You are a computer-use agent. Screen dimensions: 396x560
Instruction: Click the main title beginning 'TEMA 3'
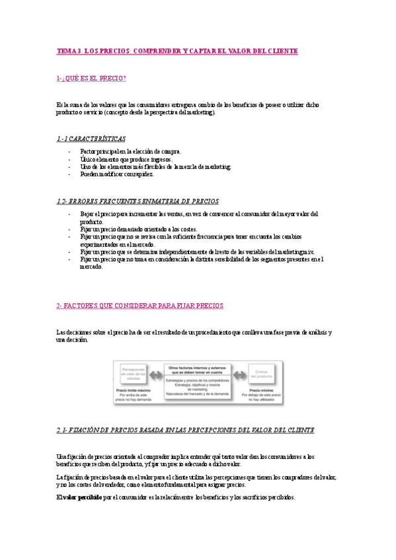coord(177,51)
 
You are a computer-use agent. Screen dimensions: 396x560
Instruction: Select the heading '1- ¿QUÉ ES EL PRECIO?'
coord(91,79)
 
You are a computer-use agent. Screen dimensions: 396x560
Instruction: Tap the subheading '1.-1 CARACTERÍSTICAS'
coord(91,139)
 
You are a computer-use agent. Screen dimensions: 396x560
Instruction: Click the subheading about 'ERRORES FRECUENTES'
coord(138,201)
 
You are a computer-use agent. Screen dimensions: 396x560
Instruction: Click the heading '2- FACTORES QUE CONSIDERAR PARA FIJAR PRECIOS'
coord(140,306)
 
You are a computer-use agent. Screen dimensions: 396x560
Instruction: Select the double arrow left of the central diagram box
coord(157,374)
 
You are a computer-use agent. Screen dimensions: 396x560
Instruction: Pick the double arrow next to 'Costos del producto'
coord(239,374)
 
